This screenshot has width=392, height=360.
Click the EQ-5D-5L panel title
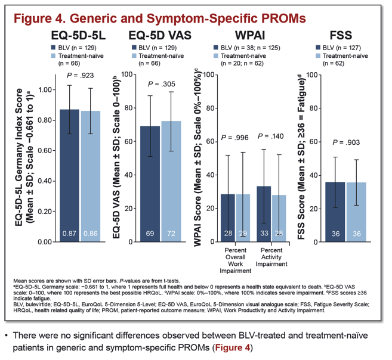(x=78, y=35)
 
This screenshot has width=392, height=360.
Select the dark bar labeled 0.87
(x=69, y=175)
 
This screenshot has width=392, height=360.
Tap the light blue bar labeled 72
(x=171, y=181)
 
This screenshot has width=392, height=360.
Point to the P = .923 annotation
(x=81, y=75)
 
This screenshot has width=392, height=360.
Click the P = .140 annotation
(x=270, y=136)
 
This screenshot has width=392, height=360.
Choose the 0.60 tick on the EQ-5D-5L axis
(x=45, y=151)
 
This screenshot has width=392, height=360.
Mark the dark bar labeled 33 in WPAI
(x=264, y=214)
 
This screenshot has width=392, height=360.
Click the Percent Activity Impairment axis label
(x=271, y=257)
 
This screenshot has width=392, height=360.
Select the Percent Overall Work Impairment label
(x=235, y=260)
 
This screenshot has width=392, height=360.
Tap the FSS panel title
(x=341, y=35)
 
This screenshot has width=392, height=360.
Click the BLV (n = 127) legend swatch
(x=318, y=48)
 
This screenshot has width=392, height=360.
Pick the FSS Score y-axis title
(x=301, y=157)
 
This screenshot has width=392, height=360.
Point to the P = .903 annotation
(x=346, y=142)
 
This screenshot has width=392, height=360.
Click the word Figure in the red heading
(x=30, y=18)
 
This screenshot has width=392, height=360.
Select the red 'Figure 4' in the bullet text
(x=233, y=347)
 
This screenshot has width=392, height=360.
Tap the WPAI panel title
(x=250, y=35)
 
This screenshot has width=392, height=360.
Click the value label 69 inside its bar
(x=150, y=234)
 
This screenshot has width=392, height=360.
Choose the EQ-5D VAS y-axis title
(x=116, y=157)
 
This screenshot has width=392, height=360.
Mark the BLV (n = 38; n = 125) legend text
(x=250, y=48)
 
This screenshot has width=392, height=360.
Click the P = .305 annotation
(x=162, y=84)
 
